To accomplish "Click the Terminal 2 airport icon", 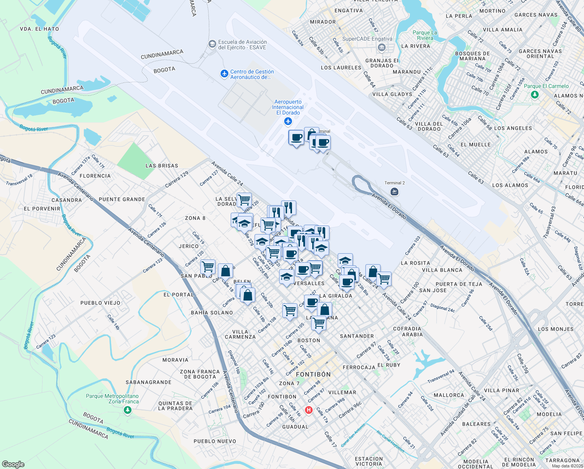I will pyautogui.click(x=394, y=192).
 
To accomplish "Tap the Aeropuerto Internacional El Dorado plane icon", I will pyautogui.click(x=288, y=122).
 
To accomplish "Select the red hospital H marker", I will pyautogui.click(x=309, y=410).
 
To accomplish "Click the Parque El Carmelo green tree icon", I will pyautogui.click(x=535, y=95).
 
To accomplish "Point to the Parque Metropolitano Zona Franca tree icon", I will pyautogui.click(x=127, y=410).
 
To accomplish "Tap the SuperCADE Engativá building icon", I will pyautogui.click(x=382, y=48).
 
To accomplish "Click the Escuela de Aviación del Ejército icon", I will pyautogui.click(x=212, y=44).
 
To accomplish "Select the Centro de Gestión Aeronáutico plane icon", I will pyautogui.click(x=224, y=74).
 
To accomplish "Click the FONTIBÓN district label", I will pyautogui.click(x=313, y=374).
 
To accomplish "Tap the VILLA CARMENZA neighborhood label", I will pyautogui.click(x=240, y=334).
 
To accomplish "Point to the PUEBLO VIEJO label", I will pyautogui.click(x=100, y=303).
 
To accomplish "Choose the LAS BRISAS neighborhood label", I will pyautogui.click(x=162, y=166).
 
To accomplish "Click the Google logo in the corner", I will pyautogui.click(x=13, y=464).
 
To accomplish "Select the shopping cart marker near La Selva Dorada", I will pyautogui.click(x=244, y=200).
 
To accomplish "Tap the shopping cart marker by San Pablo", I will pyautogui.click(x=208, y=267).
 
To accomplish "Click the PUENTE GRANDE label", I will pyautogui.click(x=122, y=199).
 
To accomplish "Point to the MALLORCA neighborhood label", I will pyautogui.click(x=449, y=395).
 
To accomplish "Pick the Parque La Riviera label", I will pyautogui.click(x=425, y=35).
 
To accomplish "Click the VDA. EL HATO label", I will pyautogui.click(x=39, y=29).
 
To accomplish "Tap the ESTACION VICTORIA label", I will pyautogui.click(x=369, y=461).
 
